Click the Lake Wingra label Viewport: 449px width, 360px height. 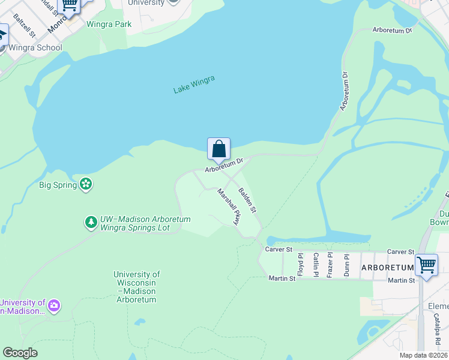(194, 85)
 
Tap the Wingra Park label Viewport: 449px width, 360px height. (109, 25)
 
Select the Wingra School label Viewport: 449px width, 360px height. (35, 47)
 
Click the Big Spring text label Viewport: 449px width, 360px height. (58, 185)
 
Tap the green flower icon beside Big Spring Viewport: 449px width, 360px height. (86, 184)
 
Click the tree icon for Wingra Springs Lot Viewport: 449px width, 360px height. (91, 223)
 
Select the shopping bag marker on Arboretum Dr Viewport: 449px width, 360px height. (219, 149)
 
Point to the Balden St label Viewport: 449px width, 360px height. (247, 201)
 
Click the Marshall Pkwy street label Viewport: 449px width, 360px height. (229, 207)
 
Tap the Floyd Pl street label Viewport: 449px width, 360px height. (301, 264)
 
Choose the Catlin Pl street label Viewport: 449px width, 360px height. (316, 264)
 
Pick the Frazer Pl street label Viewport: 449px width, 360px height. (330, 264)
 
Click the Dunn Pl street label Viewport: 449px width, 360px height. (346, 264)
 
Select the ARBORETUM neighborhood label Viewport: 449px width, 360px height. (388, 267)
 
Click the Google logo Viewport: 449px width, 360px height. (20, 353)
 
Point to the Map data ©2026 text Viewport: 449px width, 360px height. (424, 355)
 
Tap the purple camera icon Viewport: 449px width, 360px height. (55, 306)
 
